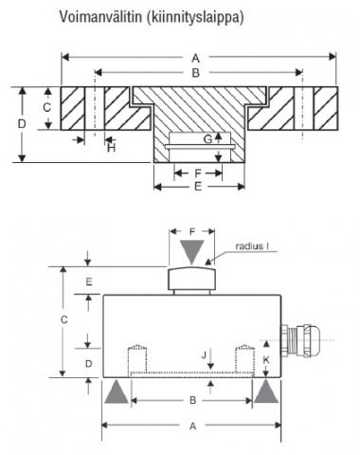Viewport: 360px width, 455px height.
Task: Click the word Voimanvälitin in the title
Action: [x=100, y=16]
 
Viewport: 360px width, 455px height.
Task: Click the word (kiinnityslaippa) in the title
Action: [x=195, y=17]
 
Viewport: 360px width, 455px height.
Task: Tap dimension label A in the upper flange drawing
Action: [x=196, y=58]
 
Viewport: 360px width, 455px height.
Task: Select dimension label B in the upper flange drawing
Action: [x=196, y=73]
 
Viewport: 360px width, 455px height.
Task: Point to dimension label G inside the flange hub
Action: [x=207, y=139]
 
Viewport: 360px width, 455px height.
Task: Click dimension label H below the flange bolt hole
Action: [x=112, y=148]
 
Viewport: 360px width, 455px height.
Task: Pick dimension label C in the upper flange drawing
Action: [x=46, y=107]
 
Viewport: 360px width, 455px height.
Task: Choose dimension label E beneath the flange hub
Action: [x=198, y=187]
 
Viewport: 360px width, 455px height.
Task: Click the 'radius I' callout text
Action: [x=252, y=246]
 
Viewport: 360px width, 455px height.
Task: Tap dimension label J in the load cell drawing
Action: [x=204, y=355]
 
